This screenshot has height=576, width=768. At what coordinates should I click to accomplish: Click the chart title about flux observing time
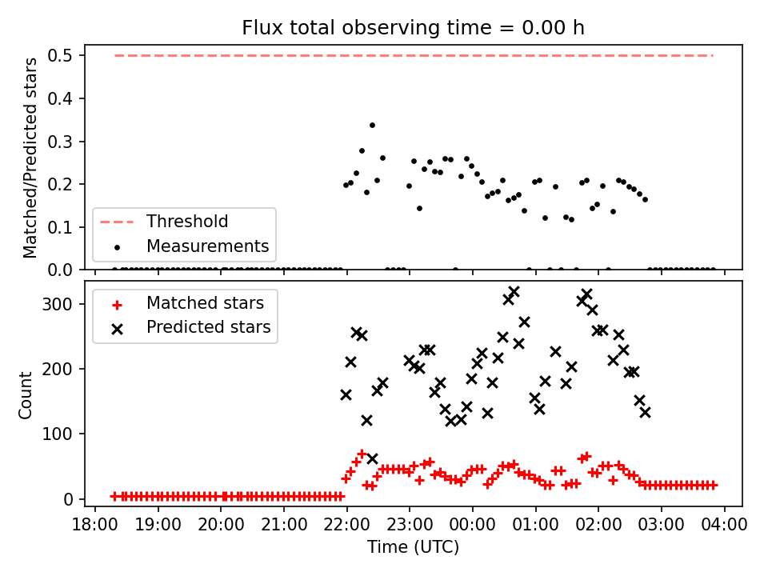413,28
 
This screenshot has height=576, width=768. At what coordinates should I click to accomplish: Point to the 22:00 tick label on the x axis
346,525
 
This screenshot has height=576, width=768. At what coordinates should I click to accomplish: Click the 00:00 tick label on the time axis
472,525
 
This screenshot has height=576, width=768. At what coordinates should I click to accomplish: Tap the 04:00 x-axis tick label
724,525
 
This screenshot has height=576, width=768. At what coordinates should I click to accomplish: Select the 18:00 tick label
95,525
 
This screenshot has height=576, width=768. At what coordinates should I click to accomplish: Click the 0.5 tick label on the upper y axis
60,56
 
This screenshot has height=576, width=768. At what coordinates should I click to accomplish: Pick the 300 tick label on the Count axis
57,304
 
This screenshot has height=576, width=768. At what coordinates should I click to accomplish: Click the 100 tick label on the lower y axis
57,434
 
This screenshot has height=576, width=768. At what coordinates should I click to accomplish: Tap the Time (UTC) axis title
413,546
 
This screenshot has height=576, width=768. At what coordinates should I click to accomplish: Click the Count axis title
25,394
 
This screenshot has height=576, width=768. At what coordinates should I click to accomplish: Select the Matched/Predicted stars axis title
30,158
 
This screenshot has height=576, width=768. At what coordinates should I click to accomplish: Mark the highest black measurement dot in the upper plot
372,126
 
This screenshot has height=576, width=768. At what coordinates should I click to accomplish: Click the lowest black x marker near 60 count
372,459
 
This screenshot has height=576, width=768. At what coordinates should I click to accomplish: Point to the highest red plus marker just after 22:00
362,454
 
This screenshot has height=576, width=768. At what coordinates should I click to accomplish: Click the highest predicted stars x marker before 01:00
514,293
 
